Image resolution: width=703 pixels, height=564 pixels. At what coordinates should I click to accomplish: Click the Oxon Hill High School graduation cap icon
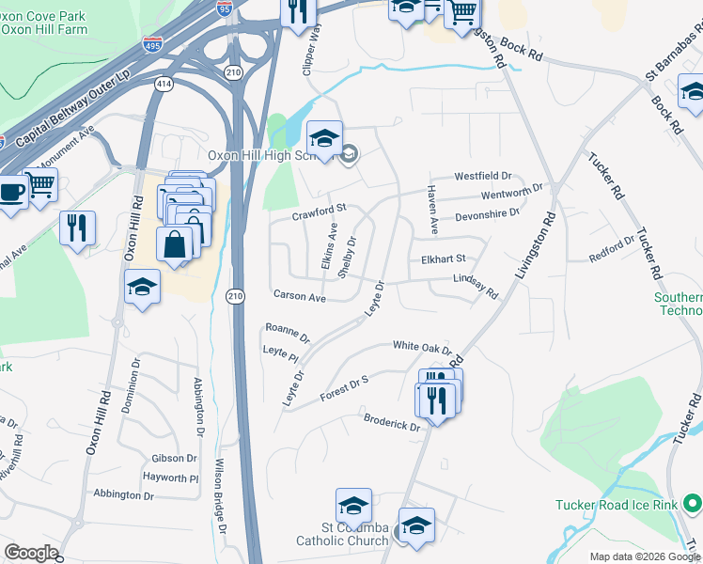click(324, 139)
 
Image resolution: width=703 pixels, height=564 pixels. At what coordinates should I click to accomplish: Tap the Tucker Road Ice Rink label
click(616, 505)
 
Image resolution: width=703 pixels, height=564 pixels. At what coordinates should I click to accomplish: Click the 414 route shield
click(164, 85)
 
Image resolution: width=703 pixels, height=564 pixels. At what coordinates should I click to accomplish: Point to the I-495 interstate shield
click(151, 43)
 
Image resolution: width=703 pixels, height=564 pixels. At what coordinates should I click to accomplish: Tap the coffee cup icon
click(11, 193)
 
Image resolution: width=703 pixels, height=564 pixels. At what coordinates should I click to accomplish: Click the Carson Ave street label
click(299, 297)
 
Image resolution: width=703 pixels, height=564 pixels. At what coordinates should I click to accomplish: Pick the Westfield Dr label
click(482, 176)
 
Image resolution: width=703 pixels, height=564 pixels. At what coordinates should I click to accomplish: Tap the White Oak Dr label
click(422, 346)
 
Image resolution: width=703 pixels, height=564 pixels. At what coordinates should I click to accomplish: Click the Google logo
click(31, 552)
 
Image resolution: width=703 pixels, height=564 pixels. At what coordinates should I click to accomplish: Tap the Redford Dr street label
click(611, 247)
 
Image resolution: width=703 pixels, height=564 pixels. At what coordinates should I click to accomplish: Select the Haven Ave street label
click(432, 210)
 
